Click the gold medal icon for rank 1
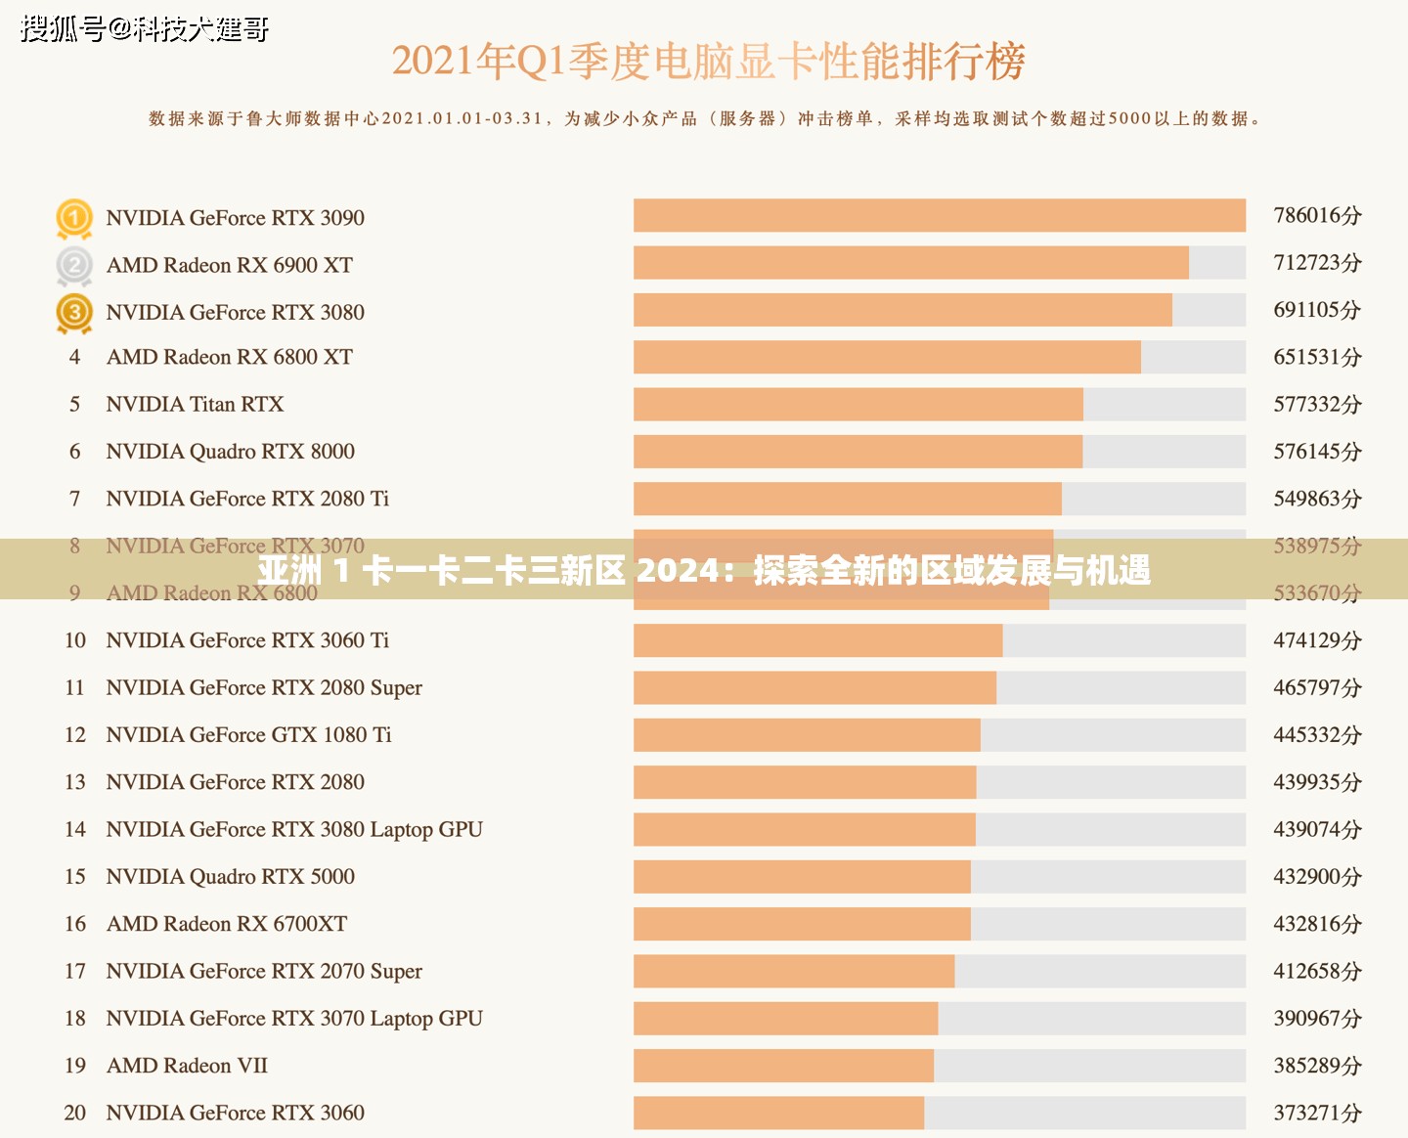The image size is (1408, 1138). click(x=74, y=218)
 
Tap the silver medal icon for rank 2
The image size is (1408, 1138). click(x=74, y=265)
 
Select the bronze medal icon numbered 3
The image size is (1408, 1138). click(x=74, y=313)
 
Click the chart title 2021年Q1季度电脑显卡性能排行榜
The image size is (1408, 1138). click(x=708, y=62)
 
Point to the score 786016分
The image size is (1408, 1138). click(x=1317, y=216)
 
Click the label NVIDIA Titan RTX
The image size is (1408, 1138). click(x=195, y=405)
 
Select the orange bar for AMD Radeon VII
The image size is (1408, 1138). click(x=783, y=1066)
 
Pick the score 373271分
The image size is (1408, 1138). click(x=1317, y=1113)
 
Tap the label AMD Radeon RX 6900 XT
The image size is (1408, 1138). click(x=229, y=266)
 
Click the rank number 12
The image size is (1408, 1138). click(x=75, y=735)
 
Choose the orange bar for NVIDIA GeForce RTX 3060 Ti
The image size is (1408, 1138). click(x=817, y=640)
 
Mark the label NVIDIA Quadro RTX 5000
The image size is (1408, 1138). click(x=230, y=877)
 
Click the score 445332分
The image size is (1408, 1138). click(x=1317, y=735)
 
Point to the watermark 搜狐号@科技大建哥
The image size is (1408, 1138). click(x=145, y=29)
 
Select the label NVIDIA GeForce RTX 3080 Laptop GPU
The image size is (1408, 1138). click(x=294, y=830)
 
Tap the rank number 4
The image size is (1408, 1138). click(x=75, y=358)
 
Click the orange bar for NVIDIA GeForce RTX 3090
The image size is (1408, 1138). click(x=939, y=216)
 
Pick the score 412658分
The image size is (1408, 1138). click(x=1317, y=972)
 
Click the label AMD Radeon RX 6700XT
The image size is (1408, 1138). click(x=226, y=924)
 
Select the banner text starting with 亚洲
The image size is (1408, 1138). click(x=704, y=570)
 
